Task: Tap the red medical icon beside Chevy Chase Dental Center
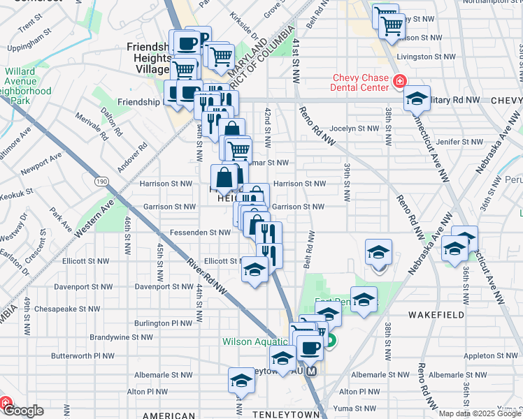399,82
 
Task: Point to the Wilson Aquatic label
255,341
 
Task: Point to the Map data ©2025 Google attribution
479,413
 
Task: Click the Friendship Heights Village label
148,57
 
